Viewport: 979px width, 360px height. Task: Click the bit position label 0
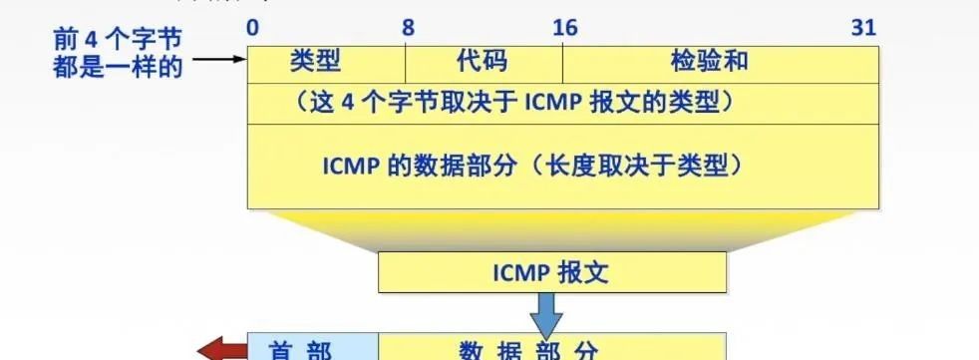pyautogui.click(x=253, y=28)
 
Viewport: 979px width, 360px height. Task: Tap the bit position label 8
pyautogui.click(x=408, y=28)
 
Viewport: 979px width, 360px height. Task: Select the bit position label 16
pyautogui.click(x=564, y=28)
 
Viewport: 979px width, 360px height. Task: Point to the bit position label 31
pyautogui.click(x=863, y=28)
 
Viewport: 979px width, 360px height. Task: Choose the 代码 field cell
pyautogui.click(x=484, y=63)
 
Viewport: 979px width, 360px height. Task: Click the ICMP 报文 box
pyautogui.click(x=552, y=271)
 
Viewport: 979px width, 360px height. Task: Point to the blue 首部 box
pyautogui.click(x=312, y=350)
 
